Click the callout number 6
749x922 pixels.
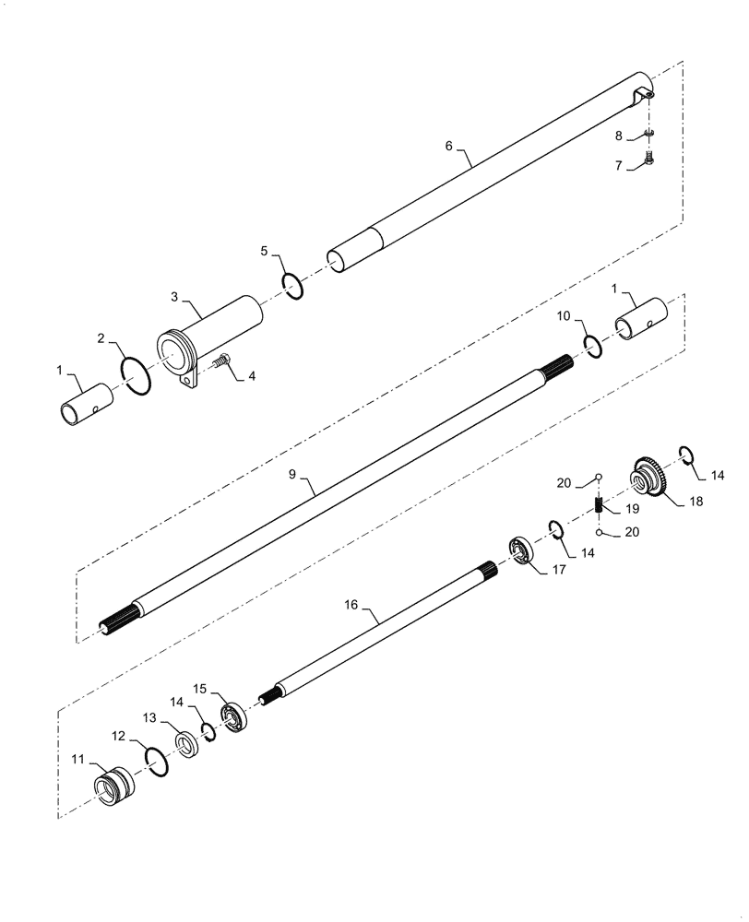(x=448, y=146)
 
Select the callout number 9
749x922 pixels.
(x=292, y=474)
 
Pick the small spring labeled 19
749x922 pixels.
(x=599, y=506)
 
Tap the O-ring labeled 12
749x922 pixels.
(x=157, y=762)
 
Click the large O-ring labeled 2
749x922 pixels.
(x=135, y=376)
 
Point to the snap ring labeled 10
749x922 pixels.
(x=592, y=347)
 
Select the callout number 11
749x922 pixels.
(x=78, y=759)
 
